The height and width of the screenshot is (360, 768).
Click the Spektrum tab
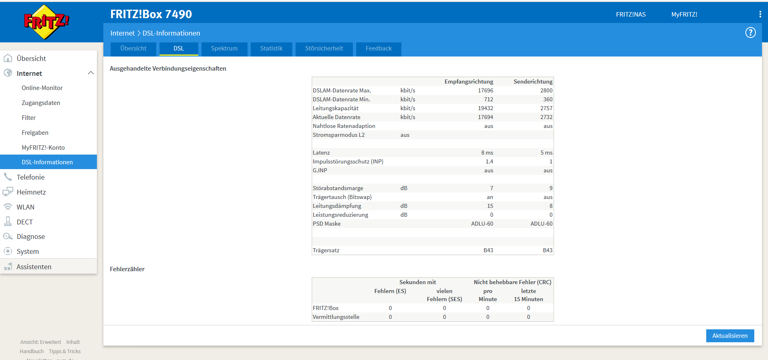click(x=224, y=49)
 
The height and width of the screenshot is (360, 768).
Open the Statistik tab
click(x=271, y=49)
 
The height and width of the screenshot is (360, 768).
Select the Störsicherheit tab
click(x=324, y=49)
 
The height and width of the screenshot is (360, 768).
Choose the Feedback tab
click(x=379, y=49)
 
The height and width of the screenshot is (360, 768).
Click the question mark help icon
click(x=750, y=33)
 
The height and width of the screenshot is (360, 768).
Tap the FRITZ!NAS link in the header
click(x=631, y=15)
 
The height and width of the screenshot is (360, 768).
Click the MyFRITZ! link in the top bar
click(x=684, y=15)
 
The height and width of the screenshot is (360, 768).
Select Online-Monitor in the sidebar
click(x=42, y=88)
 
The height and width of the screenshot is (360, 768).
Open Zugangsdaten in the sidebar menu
click(x=41, y=103)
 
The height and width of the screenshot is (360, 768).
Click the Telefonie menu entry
click(x=31, y=177)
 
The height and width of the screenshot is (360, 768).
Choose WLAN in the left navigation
click(x=25, y=207)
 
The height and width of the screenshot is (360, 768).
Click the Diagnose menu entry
click(x=31, y=237)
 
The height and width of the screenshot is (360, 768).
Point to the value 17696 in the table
click(x=486, y=90)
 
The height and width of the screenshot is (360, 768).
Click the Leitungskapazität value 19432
click(x=486, y=108)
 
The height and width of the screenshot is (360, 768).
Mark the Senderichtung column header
click(x=533, y=82)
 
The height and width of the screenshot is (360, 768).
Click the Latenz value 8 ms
click(x=487, y=153)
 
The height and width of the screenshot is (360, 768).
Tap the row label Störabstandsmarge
click(x=338, y=188)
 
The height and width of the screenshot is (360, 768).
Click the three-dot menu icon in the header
click(x=760, y=14)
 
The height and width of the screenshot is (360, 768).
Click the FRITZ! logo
click(x=46, y=22)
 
